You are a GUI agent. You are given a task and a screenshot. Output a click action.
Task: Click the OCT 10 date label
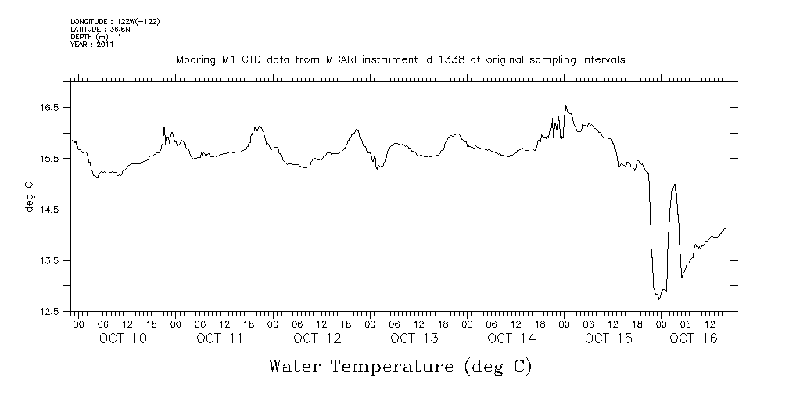coord(124,338)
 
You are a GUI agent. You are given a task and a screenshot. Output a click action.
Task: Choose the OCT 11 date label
coord(221,338)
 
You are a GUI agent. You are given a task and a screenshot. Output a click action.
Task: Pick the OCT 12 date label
coord(317,338)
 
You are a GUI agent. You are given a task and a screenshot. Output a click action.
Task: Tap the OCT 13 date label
coord(414,338)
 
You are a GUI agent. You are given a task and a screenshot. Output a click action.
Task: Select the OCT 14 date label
coord(511,338)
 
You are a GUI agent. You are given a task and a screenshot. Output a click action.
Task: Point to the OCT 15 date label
coord(608,338)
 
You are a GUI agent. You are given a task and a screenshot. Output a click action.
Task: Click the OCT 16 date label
coord(694,338)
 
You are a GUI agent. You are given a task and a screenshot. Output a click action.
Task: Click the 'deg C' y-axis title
coord(30,196)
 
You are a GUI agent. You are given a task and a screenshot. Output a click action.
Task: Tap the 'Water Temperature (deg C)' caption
coord(400,366)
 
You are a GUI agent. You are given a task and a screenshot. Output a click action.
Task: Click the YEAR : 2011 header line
coord(91,45)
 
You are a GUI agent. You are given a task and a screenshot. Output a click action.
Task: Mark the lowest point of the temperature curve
coord(659,299)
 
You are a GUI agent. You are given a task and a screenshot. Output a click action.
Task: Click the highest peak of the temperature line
coord(565,106)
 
